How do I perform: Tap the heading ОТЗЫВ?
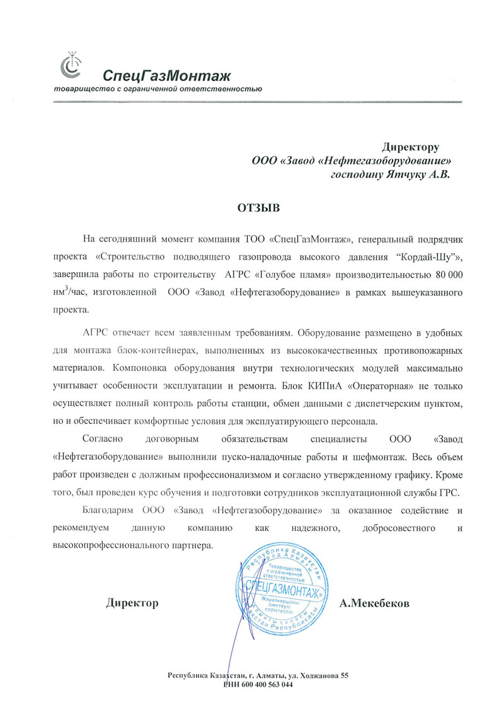pyautogui.click(x=257, y=206)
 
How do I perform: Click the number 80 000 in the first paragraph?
pyautogui.click(x=445, y=275)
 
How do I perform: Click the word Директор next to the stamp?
pyautogui.click(x=132, y=603)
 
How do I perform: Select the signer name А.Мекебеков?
pyautogui.click(x=374, y=603)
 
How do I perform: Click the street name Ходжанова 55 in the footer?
pyautogui.click(x=319, y=676)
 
